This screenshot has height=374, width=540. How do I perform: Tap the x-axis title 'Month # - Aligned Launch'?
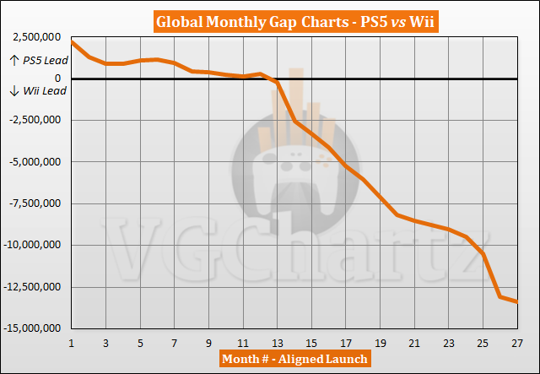293,360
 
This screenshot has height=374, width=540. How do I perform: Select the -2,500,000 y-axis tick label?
35,122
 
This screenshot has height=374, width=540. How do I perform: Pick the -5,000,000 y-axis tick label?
35,163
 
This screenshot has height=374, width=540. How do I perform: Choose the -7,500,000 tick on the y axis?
35,204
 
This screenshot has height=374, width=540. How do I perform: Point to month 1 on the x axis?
72,342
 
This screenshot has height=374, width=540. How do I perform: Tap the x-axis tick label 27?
516,342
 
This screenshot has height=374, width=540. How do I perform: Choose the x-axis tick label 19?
380,342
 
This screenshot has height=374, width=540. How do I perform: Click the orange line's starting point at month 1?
73,42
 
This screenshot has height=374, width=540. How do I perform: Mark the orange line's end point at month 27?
516,301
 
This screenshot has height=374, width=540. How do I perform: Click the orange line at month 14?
294,122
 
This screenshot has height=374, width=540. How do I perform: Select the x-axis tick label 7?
175,342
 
